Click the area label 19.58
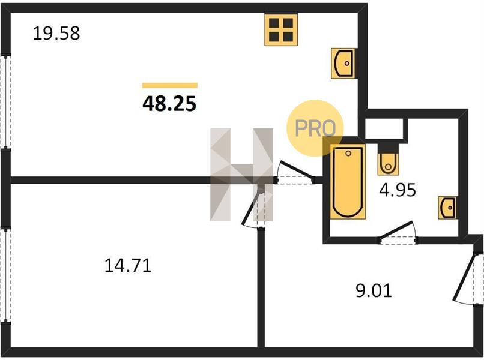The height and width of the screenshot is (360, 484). click(x=56, y=34)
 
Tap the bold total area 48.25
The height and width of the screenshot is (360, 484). click(x=169, y=103)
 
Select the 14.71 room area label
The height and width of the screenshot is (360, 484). click(x=128, y=266)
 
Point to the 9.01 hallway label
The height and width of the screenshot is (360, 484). click(x=374, y=290)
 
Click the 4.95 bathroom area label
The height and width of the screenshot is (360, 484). click(x=398, y=190)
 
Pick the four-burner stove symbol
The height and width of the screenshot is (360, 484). click(x=281, y=29)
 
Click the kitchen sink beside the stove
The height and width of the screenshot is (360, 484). click(x=344, y=63)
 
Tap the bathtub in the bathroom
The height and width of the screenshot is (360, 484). click(x=348, y=182)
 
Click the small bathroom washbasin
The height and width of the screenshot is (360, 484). click(x=448, y=208)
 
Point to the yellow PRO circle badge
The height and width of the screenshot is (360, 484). click(x=315, y=128)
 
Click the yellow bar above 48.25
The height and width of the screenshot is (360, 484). click(x=170, y=85)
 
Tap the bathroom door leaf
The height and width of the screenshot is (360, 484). click(x=396, y=230)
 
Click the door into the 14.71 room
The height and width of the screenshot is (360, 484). click(x=250, y=208)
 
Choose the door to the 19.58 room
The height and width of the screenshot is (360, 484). click(x=295, y=170)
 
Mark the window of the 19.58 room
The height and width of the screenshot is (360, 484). click(x=5, y=103)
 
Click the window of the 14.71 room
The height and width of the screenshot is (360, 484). click(x=5, y=275)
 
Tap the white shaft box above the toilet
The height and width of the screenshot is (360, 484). click(x=384, y=128)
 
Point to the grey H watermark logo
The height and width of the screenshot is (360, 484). click(x=241, y=175)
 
